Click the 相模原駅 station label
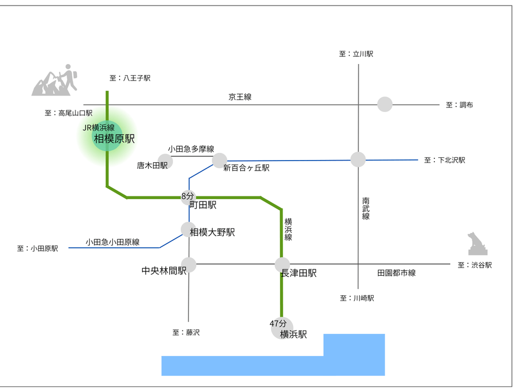point(114,139)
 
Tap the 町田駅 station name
point(203,205)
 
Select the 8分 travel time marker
point(188,196)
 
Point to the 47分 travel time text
point(278,323)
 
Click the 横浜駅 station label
point(293,334)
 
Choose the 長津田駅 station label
point(299,273)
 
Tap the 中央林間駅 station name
point(164,270)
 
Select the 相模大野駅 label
point(212,232)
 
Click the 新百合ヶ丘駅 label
point(246,168)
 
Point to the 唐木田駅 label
point(152,166)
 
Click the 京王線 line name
point(240,97)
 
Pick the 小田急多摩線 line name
point(191,149)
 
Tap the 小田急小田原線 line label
point(112,242)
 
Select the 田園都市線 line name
point(396,273)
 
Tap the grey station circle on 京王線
point(385,104)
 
